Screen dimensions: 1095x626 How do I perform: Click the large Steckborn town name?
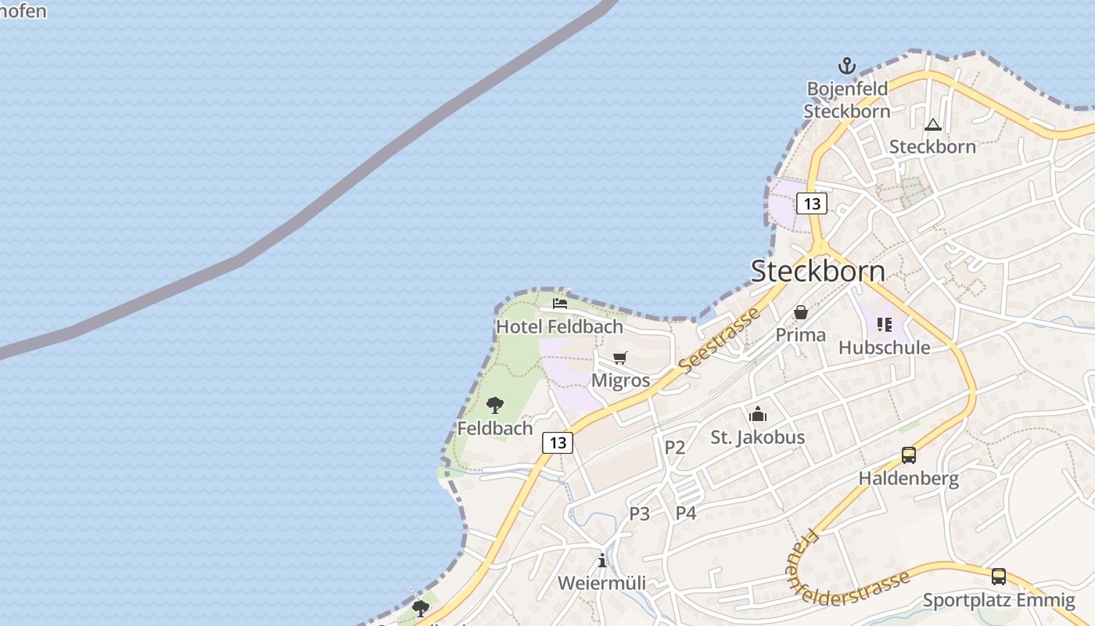[x=817, y=271]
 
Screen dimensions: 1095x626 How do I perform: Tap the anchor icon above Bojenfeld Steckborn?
[x=847, y=66]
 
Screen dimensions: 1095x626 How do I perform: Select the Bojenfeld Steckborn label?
[x=847, y=99]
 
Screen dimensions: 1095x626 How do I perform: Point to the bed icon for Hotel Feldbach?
[x=560, y=304]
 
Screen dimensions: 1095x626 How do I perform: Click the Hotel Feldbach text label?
[x=560, y=326]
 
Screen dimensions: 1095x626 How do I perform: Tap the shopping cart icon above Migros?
[x=620, y=358]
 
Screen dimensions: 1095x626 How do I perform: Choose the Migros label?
[x=620, y=380]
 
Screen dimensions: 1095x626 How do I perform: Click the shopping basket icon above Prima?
[x=801, y=312]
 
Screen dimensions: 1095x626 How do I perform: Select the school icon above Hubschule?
[x=885, y=324]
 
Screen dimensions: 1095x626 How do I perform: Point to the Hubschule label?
[x=885, y=347]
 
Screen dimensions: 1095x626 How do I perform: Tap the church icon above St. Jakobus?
[x=757, y=414]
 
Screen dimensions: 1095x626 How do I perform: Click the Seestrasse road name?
[x=720, y=340]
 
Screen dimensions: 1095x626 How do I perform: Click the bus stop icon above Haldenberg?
[x=909, y=455]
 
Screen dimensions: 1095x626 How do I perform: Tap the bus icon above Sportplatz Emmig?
[x=999, y=577]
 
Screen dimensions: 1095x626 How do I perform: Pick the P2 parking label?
[x=674, y=448]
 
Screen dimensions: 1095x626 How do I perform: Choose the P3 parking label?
[x=640, y=513]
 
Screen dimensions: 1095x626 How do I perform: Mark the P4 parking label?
[x=686, y=513]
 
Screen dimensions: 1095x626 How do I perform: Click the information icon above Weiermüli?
[x=601, y=560]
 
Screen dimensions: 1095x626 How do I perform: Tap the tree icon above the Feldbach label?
[x=494, y=405]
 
